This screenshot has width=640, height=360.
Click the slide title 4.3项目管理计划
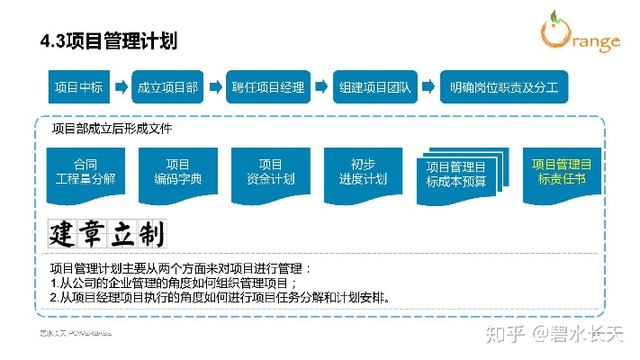point(109,41)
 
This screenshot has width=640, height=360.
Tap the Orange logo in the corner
point(580,33)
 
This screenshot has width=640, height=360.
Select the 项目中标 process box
point(78,88)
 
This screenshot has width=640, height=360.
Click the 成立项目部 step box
point(167,88)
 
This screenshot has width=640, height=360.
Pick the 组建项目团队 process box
point(375,88)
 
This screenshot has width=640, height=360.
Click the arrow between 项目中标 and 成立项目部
point(122,88)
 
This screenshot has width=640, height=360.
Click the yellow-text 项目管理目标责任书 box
point(562,172)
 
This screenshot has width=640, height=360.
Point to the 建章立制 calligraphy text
point(107,234)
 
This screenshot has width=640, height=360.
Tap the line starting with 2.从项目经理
point(220,296)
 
